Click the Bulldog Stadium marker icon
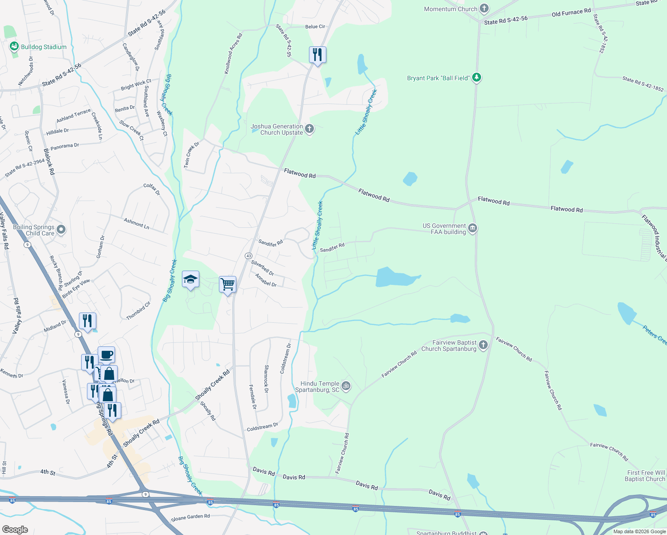pyautogui.click(x=14, y=46)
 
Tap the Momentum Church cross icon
pyautogui.click(x=484, y=9)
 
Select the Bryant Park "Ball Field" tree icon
pyautogui.click(x=477, y=78)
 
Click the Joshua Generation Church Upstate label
pyautogui.click(x=277, y=129)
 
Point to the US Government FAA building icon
pyautogui.click(x=473, y=229)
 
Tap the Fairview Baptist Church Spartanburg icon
pyautogui.click(x=483, y=345)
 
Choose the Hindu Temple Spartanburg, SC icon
pyautogui.click(x=346, y=386)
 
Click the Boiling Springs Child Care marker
pyautogui.click(x=61, y=230)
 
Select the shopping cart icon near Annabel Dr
pyautogui.click(x=227, y=284)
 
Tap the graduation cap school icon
pyautogui.click(x=190, y=280)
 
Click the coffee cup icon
pyautogui.click(x=106, y=355)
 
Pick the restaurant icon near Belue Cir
pyautogui.click(x=317, y=55)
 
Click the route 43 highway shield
pyautogui.click(x=248, y=256)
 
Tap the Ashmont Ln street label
pyautogui.click(x=136, y=223)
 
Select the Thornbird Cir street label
pyautogui.click(x=138, y=311)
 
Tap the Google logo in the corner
pyautogui.click(x=15, y=530)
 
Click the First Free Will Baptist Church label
pyautogui.click(x=646, y=476)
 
